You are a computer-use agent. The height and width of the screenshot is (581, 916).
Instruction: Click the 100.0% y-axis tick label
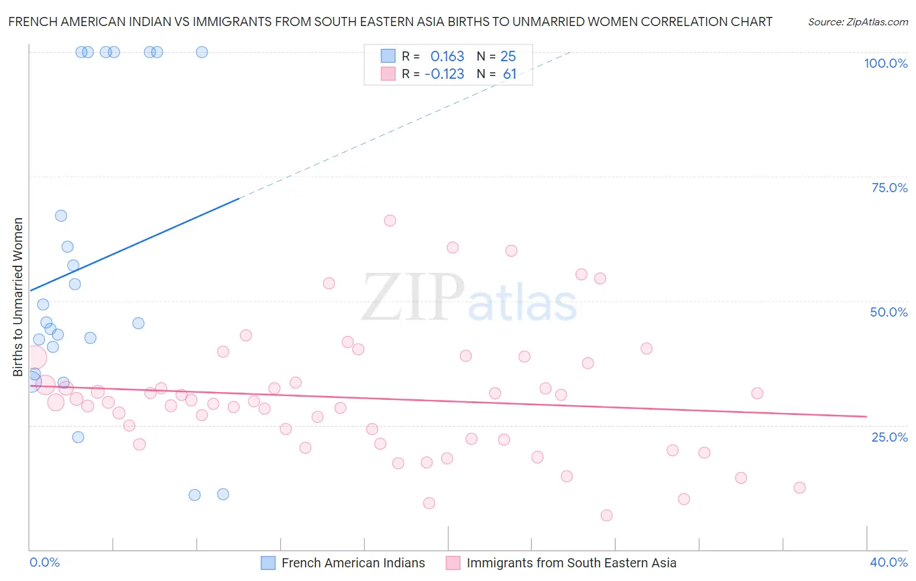click(885, 63)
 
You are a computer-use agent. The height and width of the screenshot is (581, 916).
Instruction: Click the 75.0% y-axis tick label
click(889, 188)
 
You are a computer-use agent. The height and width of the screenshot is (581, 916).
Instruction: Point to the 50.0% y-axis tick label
click(889, 312)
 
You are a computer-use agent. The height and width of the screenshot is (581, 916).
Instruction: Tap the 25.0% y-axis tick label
click(889, 436)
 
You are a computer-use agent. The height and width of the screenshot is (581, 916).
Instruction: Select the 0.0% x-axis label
click(44, 562)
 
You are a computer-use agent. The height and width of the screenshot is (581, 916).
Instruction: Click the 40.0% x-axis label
click(889, 562)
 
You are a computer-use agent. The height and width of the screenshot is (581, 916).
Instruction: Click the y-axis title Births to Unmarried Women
click(18, 297)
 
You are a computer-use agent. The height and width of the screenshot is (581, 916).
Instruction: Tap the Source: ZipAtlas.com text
click(857, 21)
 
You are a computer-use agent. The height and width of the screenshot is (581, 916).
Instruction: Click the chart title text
click(390, 21)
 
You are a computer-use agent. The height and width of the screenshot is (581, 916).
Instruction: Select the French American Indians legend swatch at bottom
click(268, 563)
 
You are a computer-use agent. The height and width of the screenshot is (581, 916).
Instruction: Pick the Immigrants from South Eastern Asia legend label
click(571, 563)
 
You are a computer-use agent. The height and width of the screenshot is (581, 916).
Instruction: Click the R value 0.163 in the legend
click(447, 56)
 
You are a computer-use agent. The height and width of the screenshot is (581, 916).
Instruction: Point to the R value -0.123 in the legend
click(444, 74)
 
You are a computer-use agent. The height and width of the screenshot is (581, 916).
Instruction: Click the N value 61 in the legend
click(509, 74)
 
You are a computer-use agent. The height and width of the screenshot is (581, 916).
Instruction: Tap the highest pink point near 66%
click(390, 221)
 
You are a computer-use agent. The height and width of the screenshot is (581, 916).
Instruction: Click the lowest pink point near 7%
click(607, 515)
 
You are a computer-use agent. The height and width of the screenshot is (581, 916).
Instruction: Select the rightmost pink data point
click(799, 488)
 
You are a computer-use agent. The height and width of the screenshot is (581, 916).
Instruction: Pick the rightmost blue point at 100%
click(202, 52)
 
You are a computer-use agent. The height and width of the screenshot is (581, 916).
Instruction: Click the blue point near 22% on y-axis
click(78, 437)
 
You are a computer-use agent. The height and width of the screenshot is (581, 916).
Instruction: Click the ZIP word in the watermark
click(412, 298)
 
